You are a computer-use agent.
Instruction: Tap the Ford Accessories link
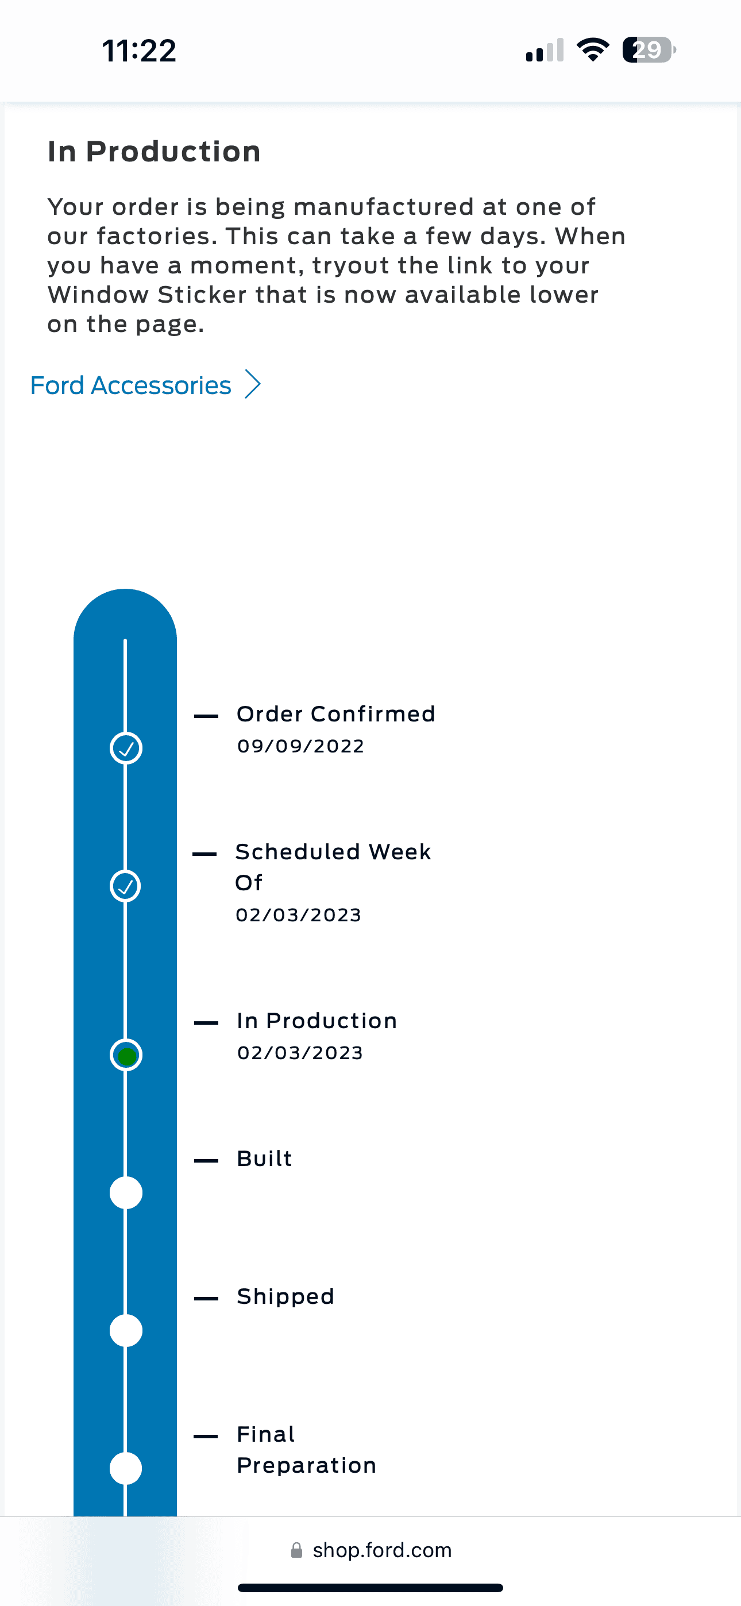coord(131,385)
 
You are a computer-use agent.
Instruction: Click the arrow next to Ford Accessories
coord(253,384)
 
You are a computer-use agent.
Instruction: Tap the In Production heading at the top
coord(154,152)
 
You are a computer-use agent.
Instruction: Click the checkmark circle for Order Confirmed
coord(126,748)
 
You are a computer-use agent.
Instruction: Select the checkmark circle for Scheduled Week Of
coord(125,886)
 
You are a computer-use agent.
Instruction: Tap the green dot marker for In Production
coord(126,1056)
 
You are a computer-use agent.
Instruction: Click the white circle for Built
coord(126,1192)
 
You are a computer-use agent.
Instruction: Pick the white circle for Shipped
coord(126,1330)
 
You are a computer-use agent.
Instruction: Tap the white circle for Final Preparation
coord(126,1468)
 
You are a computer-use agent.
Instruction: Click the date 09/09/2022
coord(300,746)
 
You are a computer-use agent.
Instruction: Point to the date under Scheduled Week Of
coord(298,915)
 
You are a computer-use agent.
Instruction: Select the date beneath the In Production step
coord(300,1053)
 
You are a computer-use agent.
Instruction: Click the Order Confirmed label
coord(335,714)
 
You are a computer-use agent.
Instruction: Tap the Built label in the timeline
coord(264,1159)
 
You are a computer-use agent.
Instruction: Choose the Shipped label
coord(285,1297)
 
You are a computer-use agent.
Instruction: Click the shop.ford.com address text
coord(382,1550)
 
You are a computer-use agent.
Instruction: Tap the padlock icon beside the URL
coord(297,1550)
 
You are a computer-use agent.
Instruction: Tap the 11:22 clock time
coord(139,51)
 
